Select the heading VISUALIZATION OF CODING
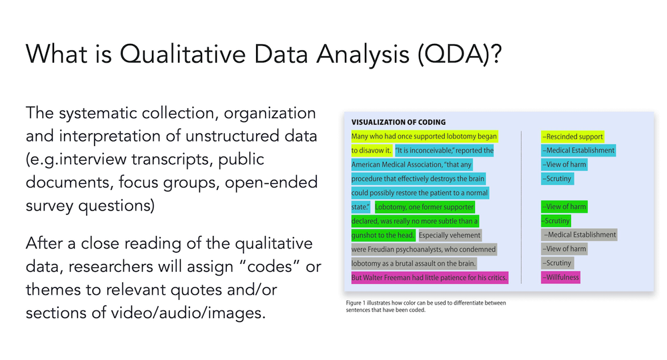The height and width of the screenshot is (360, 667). click(399, 122)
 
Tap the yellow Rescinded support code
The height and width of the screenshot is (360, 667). click(572, 137)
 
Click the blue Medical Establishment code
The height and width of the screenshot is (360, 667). click(578, 151)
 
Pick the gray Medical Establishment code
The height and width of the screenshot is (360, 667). click(580, 235)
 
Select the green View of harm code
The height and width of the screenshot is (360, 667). click(564, 207)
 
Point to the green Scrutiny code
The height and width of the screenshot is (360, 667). click(556, 221)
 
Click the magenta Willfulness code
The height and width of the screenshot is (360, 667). click(560, 277)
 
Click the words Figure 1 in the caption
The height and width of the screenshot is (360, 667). click(356, 303)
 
